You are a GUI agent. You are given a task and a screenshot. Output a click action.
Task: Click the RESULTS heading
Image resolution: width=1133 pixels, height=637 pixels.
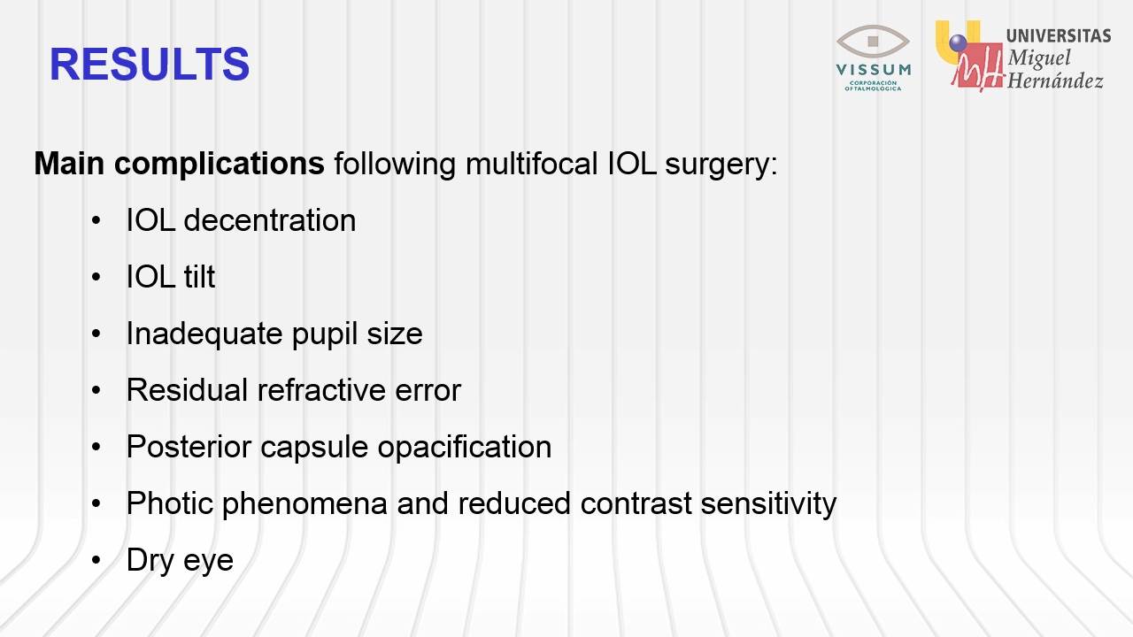click(150, 65)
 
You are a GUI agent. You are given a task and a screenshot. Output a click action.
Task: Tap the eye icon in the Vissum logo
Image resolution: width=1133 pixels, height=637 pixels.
click(873, 42)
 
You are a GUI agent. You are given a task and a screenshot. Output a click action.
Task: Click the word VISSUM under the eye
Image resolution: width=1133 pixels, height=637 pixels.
click(874, 69)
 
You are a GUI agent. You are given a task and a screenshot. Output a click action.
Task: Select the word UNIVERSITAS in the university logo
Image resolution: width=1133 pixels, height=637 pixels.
click(1059, 36)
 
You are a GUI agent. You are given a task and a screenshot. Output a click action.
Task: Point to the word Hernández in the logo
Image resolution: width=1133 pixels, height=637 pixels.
click(1055, 81)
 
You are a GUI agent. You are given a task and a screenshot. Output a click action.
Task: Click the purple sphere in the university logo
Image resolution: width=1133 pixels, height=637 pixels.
click(958, 43)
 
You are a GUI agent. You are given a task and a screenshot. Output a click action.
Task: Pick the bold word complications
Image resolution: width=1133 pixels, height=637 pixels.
click(220, 165)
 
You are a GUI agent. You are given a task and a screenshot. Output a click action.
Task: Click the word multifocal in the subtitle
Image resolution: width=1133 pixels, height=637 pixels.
click(532, 164)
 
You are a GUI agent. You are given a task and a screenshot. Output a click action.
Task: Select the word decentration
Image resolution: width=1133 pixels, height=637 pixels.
click(270, 220)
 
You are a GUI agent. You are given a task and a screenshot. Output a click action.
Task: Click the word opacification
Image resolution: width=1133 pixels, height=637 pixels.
click(465, 448)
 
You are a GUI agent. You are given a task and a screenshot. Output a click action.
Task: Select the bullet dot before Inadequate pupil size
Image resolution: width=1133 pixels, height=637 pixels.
click(96, 334)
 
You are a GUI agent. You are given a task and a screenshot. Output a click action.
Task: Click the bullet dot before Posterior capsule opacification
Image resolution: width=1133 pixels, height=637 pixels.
click(96, 447)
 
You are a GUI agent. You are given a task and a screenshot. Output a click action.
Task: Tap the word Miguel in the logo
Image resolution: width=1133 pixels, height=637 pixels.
click(1039, 58)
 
